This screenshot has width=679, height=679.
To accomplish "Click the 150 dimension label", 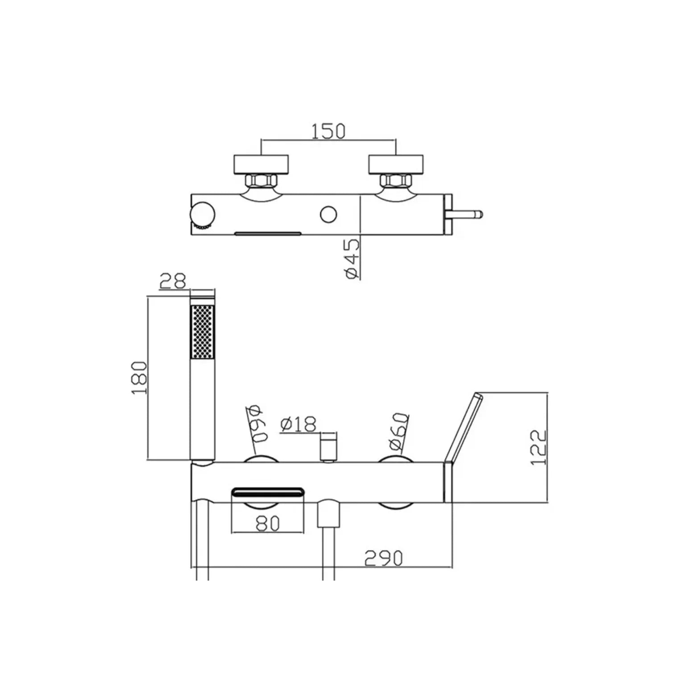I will (x=328, y=131).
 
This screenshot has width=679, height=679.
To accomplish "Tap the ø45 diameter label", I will (x=352, y=259).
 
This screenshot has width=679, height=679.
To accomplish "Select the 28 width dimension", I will (x=173, y=281).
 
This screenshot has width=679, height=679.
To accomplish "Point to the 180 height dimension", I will (x=140, y=378).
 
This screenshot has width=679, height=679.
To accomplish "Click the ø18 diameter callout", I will (x=298, y=424).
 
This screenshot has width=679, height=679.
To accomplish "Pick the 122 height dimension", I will (x=539, y=447).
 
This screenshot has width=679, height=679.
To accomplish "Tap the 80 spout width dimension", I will (x=267, y=523).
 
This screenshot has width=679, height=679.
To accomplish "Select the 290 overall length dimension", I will (x=383, y=558).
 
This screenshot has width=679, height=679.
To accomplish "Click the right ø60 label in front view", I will (x=399, y=431).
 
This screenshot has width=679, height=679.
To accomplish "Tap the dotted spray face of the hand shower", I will (x=203, y=331).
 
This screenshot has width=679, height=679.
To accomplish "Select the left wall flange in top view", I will (x=261, y=164).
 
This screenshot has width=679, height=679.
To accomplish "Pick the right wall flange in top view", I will (x=396, y=164).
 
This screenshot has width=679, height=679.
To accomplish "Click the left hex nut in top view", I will (x=261, y=181).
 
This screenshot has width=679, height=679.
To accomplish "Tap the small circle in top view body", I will (x=329, y=215).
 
